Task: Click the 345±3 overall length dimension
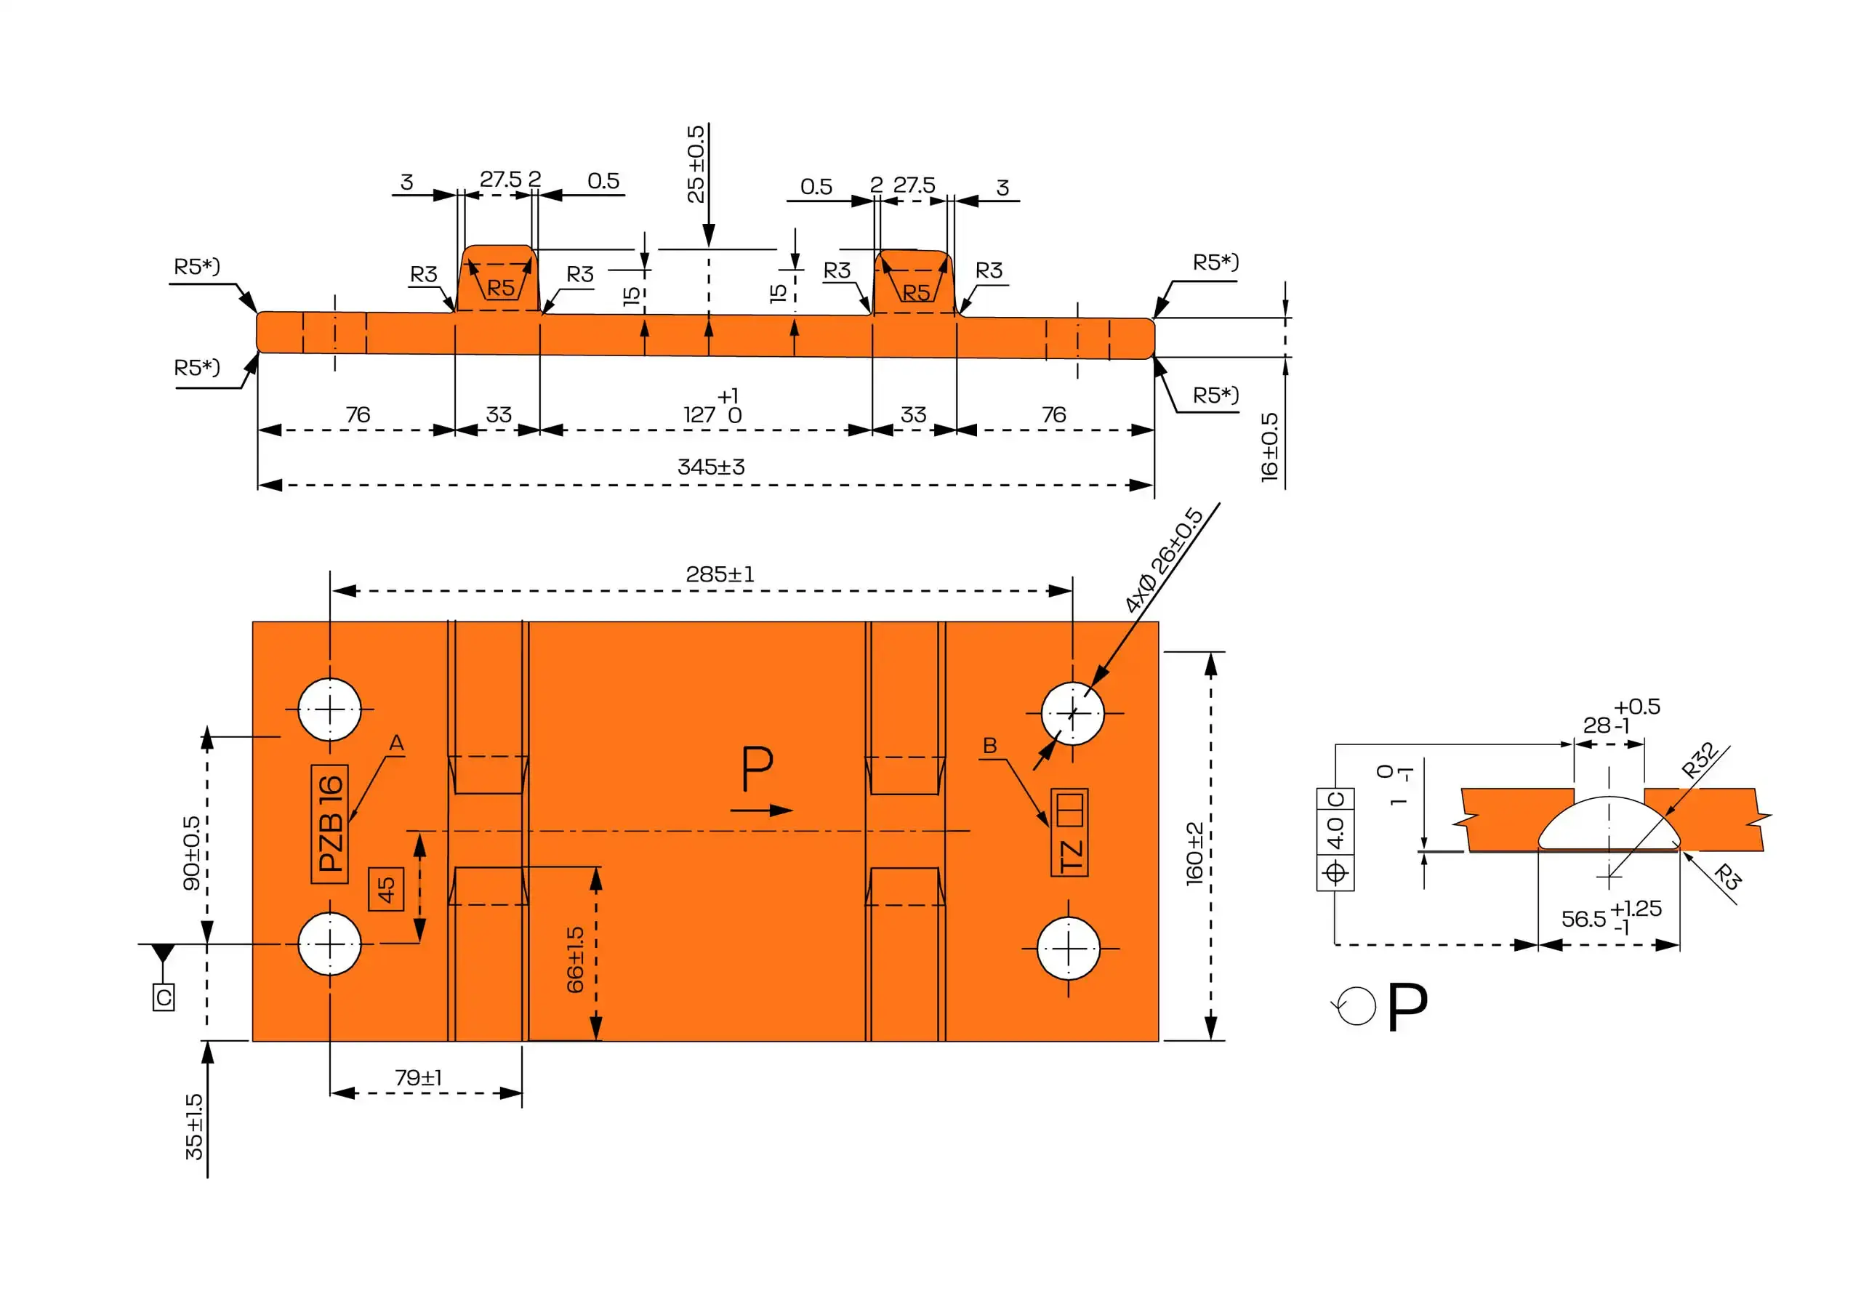coord(711,467)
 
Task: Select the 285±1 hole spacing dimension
coord(720,575)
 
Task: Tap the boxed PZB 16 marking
coord(330,824)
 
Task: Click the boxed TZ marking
coord(1070,832)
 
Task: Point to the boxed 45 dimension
coord(386,888)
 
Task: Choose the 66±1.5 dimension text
coord(575,960)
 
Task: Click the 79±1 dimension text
coord(418,1077)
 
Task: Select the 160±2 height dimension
coord(1194,853)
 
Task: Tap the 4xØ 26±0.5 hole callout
coord(1164,560)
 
